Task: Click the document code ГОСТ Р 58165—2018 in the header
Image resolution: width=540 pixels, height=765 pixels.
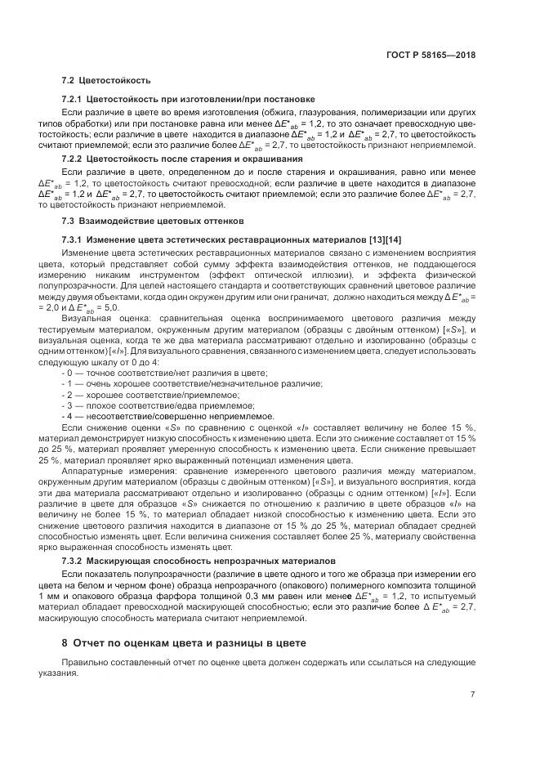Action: click(x=431, y=56)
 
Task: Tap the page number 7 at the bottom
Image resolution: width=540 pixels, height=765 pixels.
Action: click(x=473, y=695)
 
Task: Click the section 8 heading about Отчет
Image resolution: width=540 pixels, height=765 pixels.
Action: click(x=184, y=643)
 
